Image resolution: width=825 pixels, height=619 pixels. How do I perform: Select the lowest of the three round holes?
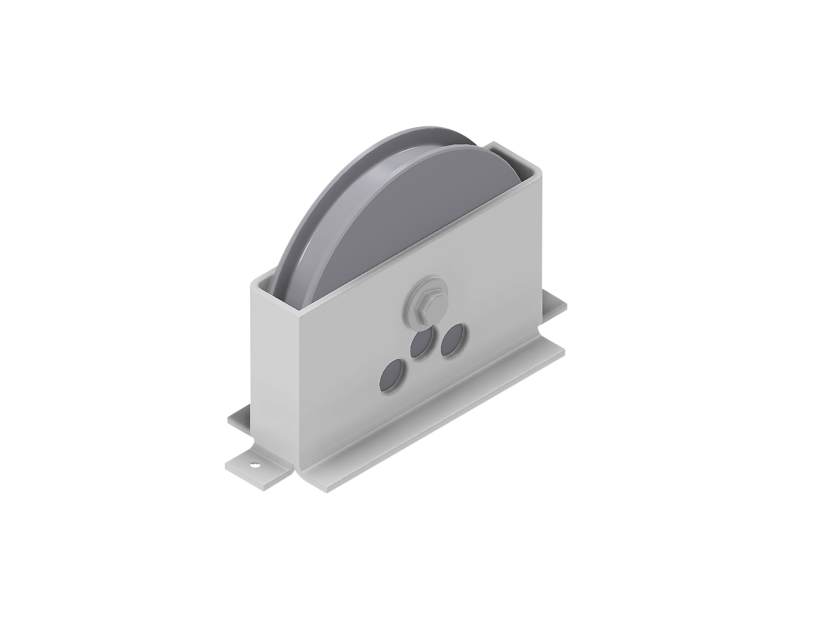coord(393,373)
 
